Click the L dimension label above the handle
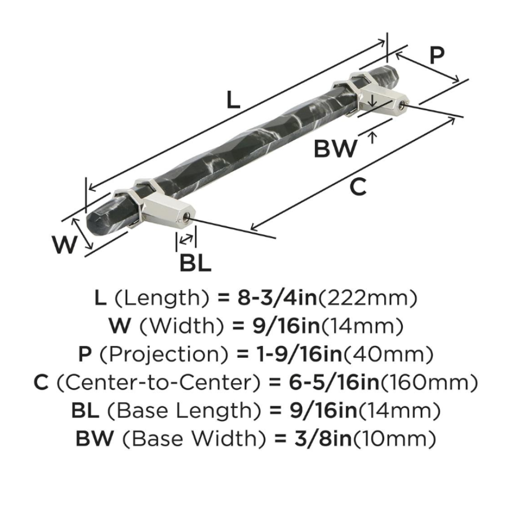pos(233,100)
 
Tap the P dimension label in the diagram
pos(437,55)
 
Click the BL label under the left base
pos(195,263)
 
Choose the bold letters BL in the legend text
pos(86,411)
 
